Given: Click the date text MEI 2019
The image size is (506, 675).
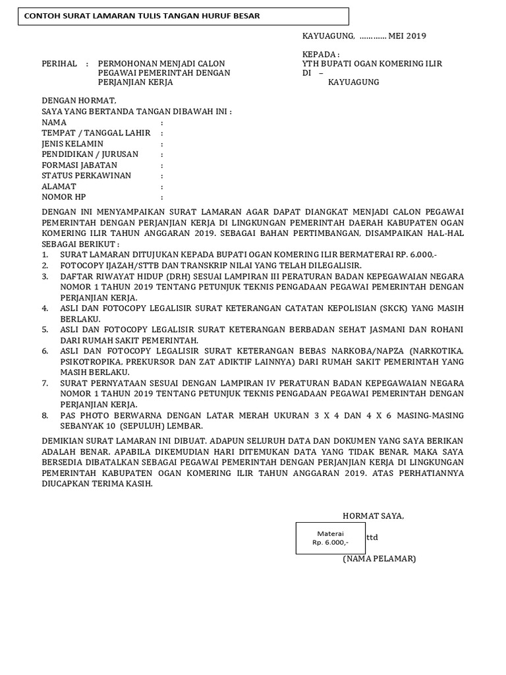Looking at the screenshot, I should click(x=412, y=36).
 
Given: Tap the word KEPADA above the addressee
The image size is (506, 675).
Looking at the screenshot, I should click(x=321, y=54).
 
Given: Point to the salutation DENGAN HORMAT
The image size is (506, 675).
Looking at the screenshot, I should click(x=78, y=101).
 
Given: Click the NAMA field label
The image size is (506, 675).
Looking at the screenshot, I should click(x=54, y=122).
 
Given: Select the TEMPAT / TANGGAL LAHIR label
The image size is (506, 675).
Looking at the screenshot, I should click(x=96, y=132).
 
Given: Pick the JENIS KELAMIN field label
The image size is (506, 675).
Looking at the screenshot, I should click(x=72, y=144).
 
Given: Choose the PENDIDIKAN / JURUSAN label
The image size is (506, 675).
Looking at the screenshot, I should click(x=90, y=154).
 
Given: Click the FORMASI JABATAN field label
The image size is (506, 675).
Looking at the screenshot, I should click(x=79, y=165).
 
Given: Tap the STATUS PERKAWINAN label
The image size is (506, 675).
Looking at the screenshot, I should click(x=86, y=175).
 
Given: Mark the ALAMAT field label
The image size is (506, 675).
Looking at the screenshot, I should click(x=59, y=187).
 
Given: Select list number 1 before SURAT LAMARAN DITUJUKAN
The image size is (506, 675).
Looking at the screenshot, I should click(x=45, y=254).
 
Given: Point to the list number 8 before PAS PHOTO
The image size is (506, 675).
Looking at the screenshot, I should click(x=45, y=415).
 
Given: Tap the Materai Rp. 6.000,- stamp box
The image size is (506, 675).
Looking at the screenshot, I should click(x=330, y=538).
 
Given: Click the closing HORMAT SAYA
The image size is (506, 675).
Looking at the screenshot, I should click(x=373, y=515).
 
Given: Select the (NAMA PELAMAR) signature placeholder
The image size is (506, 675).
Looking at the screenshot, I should click(x=379, y=558).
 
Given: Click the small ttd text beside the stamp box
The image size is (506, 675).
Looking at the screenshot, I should click(x=372, y=537).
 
